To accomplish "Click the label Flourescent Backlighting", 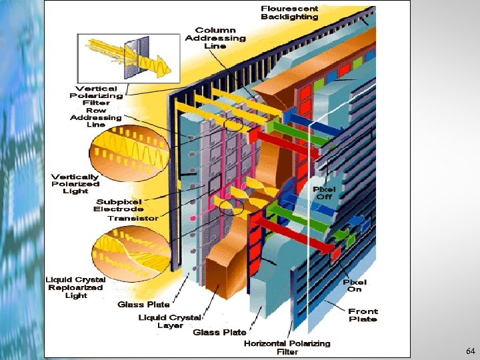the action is (x=289, y=13).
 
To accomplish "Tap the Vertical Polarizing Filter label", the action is (x=96, y=95).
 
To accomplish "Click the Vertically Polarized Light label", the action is (x=75, y=183).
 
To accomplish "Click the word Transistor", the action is (x=133, y=218).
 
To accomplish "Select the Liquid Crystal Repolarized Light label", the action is (x=75, y=287).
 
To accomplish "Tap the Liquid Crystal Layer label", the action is (x=169, y=321).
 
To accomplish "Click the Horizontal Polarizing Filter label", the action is (x=287, y=347).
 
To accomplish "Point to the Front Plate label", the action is (x=363, y=315).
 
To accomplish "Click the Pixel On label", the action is (x=355, y=285).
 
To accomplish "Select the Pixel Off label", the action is (x=324, y=193).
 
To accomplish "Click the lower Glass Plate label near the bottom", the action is (x=219, y=332).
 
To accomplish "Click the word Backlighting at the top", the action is (x=289, y=17).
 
